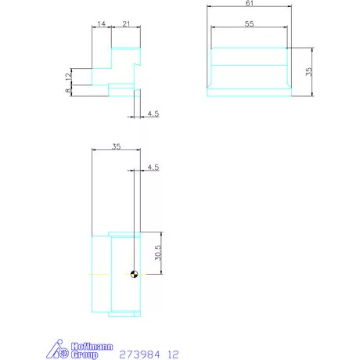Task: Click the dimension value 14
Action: (x=102, y=24)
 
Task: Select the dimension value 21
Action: (x=126, y=24)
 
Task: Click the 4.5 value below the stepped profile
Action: (x=153, y=114)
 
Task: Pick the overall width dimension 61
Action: (x=250, y=4)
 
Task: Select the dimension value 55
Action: (x=250, y=24)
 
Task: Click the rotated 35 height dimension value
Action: (x=309, y=71)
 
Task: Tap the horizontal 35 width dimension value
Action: (x=116, y=146)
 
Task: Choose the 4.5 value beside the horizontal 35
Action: (x=153, y=167)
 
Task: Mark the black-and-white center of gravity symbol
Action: (x=135, y=274)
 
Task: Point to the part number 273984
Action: (x=139, y=354)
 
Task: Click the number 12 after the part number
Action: (x=174, y=354)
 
